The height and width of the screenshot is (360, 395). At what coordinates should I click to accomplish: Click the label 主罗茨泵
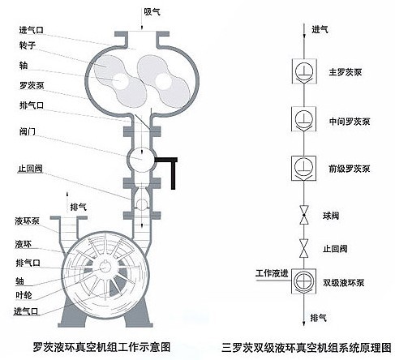tap(345, 72)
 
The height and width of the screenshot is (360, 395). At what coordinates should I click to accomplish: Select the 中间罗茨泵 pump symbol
tap(303, 119)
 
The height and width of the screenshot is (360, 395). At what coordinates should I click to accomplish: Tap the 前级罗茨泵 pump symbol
tap(303, 168)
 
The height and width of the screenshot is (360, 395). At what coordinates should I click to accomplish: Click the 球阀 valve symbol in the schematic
tap(304, 215)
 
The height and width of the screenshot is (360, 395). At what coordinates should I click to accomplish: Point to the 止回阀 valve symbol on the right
tap(304, 248)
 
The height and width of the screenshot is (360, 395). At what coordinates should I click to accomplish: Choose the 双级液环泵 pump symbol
tap(303, 281)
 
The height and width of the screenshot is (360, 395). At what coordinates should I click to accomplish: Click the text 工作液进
tap(272, 273)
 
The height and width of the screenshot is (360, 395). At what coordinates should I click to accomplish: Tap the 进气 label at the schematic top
tap(320, 29)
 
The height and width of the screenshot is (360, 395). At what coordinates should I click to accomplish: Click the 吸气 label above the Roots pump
tap(152, 11)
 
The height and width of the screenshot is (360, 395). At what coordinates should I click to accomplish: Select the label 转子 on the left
tap(28, 45)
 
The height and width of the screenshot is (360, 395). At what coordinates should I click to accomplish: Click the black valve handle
tap(169, 169)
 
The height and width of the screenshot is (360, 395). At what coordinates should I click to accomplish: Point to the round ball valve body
tap(141, 160)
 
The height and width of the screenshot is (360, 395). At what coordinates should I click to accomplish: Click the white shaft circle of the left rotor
tap(120, 80)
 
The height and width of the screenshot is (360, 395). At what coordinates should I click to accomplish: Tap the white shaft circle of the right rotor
tap(163, 80)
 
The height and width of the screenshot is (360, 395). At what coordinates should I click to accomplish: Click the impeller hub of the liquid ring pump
tap(105, 267)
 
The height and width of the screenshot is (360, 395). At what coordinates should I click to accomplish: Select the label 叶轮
tap(24, 295)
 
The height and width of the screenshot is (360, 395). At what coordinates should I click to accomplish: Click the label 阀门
tap(28, 131)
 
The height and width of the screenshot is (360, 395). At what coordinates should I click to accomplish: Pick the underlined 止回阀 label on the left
tap(30, 169)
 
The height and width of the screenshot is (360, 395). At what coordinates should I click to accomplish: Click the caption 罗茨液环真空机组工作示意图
tap(101, 347)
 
